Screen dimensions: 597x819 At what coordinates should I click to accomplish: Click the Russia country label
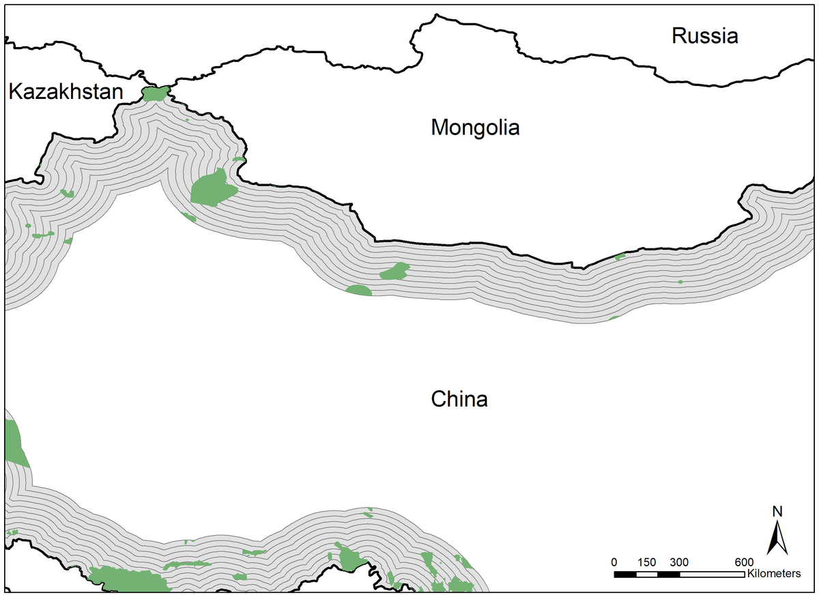(704, 36)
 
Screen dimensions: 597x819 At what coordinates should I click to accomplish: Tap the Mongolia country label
(475, 128)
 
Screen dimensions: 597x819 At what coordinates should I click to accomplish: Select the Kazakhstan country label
(66, 92)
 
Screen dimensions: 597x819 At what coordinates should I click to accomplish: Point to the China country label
(459, 399)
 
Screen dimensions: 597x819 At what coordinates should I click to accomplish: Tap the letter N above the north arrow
(777, 511)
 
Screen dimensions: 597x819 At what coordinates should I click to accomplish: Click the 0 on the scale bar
(614, 562)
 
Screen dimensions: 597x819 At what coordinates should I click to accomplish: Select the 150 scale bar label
(646, 562)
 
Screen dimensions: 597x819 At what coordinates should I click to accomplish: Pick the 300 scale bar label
(678, 562)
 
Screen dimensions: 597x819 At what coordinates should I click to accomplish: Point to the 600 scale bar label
(743, 562)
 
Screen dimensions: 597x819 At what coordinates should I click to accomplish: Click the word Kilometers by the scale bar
(774, 574)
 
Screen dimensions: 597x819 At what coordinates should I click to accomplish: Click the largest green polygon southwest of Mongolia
(212, 188)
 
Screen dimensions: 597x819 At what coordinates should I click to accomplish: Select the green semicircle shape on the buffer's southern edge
(359, 291)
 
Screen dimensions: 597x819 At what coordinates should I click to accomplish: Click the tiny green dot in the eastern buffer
(680, 282)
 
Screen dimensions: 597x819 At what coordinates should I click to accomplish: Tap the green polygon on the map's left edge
(14, 443)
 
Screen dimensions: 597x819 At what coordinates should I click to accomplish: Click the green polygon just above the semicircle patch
(394, 272)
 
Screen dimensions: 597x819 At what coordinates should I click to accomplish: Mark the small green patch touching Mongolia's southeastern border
(620, 257)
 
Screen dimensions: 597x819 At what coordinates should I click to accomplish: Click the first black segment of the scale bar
(625, 574)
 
